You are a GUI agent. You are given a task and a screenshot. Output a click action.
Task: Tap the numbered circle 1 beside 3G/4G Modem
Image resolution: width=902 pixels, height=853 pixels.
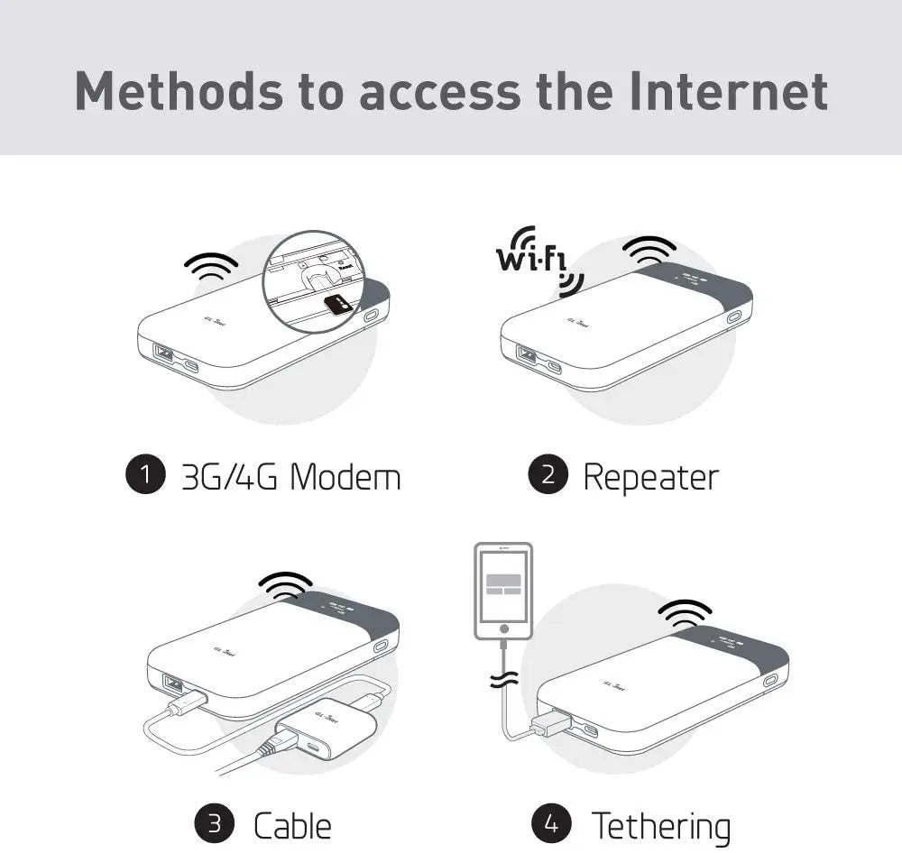pos(145,475)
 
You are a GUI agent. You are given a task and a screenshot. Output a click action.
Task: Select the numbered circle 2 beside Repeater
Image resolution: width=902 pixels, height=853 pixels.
pos(548,475)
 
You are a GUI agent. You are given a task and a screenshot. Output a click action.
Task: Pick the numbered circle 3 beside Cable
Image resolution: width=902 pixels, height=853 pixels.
pos(215,823)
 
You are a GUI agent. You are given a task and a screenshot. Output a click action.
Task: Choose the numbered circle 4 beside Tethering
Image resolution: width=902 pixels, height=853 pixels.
pos(551,823)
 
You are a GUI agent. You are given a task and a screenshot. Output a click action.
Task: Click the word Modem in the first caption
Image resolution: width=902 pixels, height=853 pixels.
pos(345,476)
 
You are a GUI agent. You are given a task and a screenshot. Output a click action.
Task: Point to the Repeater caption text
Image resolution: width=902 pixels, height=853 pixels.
pos(650,476)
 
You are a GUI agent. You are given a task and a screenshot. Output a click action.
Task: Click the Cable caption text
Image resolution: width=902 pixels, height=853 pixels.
pos(291,824)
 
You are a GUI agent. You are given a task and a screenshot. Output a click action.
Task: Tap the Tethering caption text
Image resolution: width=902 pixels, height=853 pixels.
pos(660,824)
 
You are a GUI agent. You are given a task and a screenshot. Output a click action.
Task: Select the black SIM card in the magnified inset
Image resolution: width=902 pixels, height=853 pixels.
pos(338,304)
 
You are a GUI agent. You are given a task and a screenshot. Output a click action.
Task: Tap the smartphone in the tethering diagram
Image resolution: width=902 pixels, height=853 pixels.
pos(503,591)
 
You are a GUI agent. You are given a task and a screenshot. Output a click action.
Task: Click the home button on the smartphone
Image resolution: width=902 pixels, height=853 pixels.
pos(503,628)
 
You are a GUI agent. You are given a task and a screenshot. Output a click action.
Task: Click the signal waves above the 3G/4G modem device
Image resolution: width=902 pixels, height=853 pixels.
pos(211,265)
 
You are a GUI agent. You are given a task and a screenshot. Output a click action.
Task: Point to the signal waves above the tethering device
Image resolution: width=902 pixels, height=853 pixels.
pos(685,612)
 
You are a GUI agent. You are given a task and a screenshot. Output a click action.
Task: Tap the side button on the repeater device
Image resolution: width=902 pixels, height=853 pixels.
pos(733,317)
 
